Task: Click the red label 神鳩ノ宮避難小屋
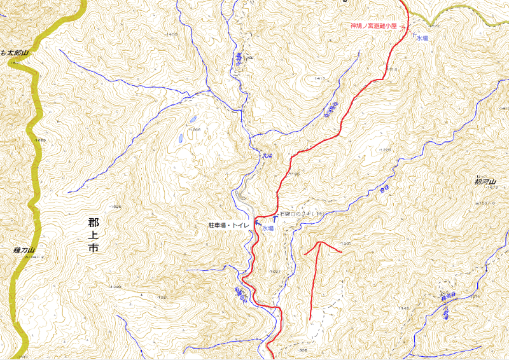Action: click(x=373, y=26)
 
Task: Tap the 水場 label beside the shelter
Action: click(x=422, y=39)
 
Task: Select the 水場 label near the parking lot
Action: click(x=267, y=228)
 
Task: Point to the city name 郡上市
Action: click(x=93, y=235)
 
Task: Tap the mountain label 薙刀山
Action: click(x=22, y=251)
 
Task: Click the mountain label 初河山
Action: click(x=485, y=180)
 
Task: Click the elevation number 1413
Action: click(x=319, y=78)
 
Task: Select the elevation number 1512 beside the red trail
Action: click(x=391, y=69)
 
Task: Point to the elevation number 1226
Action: click(x=384, y=149)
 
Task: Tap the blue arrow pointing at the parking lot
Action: click(x=257, y=223)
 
